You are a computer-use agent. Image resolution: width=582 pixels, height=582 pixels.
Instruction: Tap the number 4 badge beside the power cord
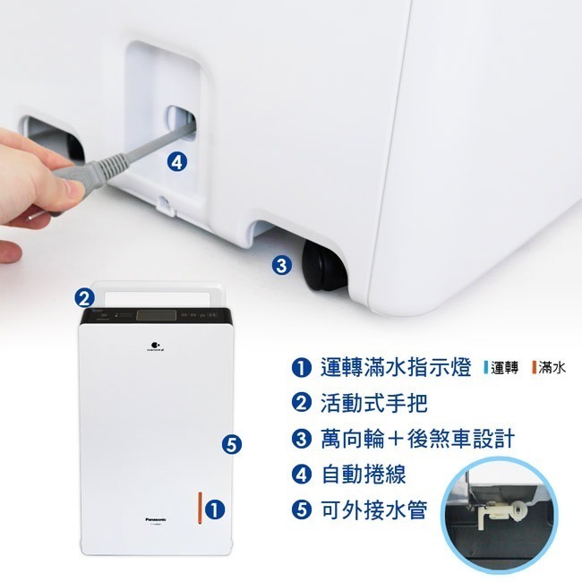(177, 161)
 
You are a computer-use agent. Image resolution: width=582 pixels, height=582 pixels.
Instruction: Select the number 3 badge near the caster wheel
(280, 265)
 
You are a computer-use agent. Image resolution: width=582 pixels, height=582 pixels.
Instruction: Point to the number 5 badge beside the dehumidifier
(230, 443)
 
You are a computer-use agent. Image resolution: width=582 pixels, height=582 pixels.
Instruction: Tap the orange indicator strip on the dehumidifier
(200, 508)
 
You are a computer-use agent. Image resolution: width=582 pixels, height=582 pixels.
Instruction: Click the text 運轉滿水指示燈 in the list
(394, 368)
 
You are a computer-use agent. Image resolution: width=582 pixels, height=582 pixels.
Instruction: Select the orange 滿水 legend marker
(533, 368)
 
